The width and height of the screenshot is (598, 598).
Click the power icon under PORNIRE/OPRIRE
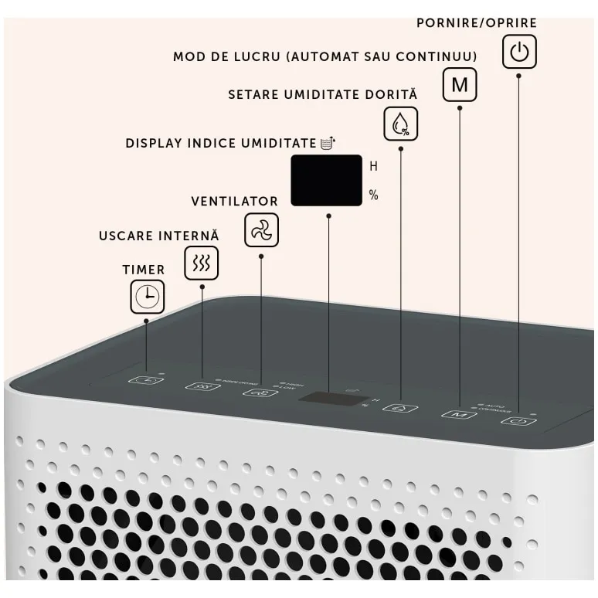coord(520,53)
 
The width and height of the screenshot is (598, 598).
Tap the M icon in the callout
coord(460,84)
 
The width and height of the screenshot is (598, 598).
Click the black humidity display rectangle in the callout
coord(327,181)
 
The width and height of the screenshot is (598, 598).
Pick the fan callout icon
coord(261,230)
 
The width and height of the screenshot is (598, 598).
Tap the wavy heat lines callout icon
coord(202,263)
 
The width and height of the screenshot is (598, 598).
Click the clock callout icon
coord(147,296)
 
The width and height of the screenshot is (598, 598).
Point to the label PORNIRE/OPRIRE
coord(476,22)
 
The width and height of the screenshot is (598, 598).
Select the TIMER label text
coord(144,270)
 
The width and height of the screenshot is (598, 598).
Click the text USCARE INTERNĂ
coord(159,235)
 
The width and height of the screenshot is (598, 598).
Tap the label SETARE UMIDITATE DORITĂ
coord(322,94)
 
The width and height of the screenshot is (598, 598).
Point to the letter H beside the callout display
coord(374,165)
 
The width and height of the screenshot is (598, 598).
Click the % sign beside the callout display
coord(374,195)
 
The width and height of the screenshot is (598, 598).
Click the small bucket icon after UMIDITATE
coord(329,143)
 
